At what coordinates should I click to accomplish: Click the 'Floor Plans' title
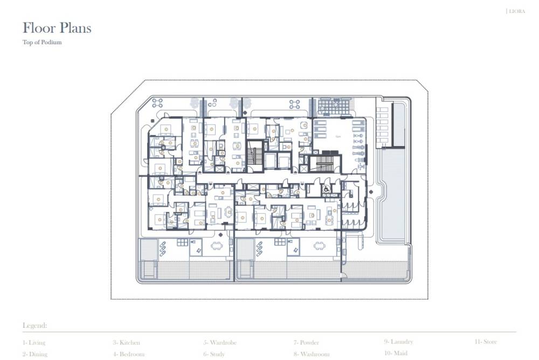click(x=57, y=28)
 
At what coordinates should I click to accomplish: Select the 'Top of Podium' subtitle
click(x=42, y=43)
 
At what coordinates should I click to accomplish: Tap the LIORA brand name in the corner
click(x=516, y=11)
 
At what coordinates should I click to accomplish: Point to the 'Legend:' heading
click(x=34, y=326)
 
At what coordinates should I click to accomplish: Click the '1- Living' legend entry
click(x=34, y=342)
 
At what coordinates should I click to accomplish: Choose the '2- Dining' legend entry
click(x=35, y=354)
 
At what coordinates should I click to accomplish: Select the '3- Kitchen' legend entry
click(x=126, y=342)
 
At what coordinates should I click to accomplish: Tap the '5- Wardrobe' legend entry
click(x=219, y=342)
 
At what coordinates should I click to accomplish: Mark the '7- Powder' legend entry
click(x=306, y=342)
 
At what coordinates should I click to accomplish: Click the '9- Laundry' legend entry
click(x=398, y=342)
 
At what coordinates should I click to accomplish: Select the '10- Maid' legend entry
click(x=396, y=354)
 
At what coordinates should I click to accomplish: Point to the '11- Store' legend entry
click(x=486, y=342)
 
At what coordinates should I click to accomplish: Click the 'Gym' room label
click(x=338, y=137)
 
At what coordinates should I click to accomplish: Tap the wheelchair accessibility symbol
click(x=327, y=189)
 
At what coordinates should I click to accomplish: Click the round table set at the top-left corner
click(x=157, y=103)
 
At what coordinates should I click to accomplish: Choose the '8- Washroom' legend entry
click(x=311, y=354)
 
